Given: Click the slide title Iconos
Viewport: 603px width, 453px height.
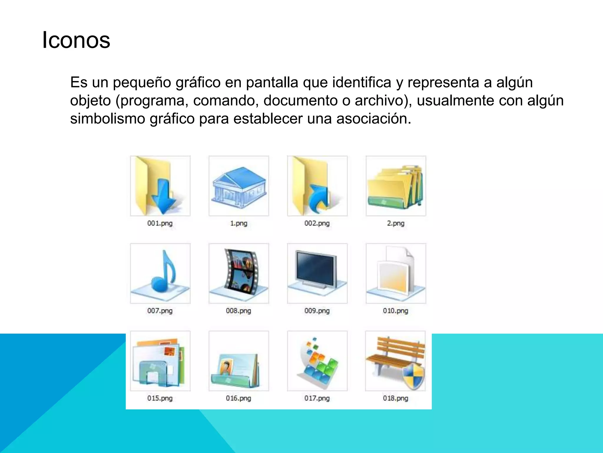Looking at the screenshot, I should tap(76, 40).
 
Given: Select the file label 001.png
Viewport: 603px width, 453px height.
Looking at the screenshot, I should tap(160, 223).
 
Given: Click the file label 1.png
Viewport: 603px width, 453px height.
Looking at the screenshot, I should tap(238, 223).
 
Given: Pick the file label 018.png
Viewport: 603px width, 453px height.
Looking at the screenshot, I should tap(395, 398).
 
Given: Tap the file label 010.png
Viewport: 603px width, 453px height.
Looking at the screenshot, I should tap(395, 311).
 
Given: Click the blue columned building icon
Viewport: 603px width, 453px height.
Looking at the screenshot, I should tap(238, 186).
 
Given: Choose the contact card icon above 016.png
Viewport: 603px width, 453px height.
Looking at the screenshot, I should tap(236, 370).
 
